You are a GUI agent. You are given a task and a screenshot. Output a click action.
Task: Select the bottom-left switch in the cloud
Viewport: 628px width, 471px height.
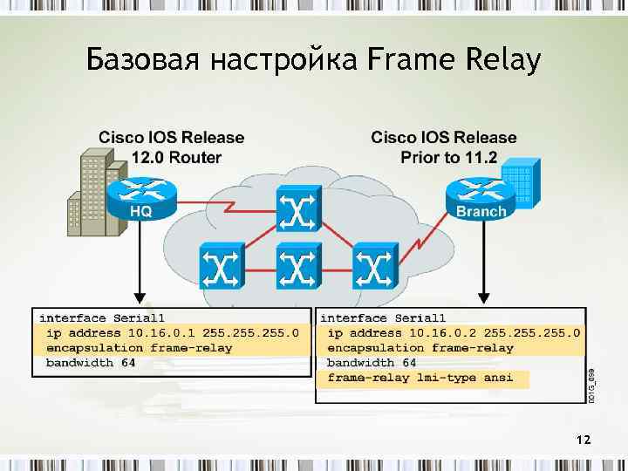(x=222, y=265)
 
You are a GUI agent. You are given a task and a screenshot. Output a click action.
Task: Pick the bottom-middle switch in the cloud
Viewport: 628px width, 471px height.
(x=298, y=265)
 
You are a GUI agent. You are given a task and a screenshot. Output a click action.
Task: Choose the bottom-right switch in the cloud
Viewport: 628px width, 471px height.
(x=375, y=265)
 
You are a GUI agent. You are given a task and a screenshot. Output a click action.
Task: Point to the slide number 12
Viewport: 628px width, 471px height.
(x=584, y=440)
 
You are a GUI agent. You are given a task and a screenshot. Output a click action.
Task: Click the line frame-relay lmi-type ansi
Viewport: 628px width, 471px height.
(x=420, y=378)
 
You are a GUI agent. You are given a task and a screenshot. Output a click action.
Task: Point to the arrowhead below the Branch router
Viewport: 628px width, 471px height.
(x=481, y=297)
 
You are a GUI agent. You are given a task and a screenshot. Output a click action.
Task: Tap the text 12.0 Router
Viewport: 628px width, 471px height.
(x=176, y=158)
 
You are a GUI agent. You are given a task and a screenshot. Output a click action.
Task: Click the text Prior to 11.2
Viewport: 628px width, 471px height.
(x=448, y=158)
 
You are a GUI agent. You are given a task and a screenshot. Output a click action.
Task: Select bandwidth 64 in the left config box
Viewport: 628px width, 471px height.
(x=91, y=363)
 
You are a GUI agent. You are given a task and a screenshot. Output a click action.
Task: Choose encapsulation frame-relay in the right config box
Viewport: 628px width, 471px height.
(x=420, y=348)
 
